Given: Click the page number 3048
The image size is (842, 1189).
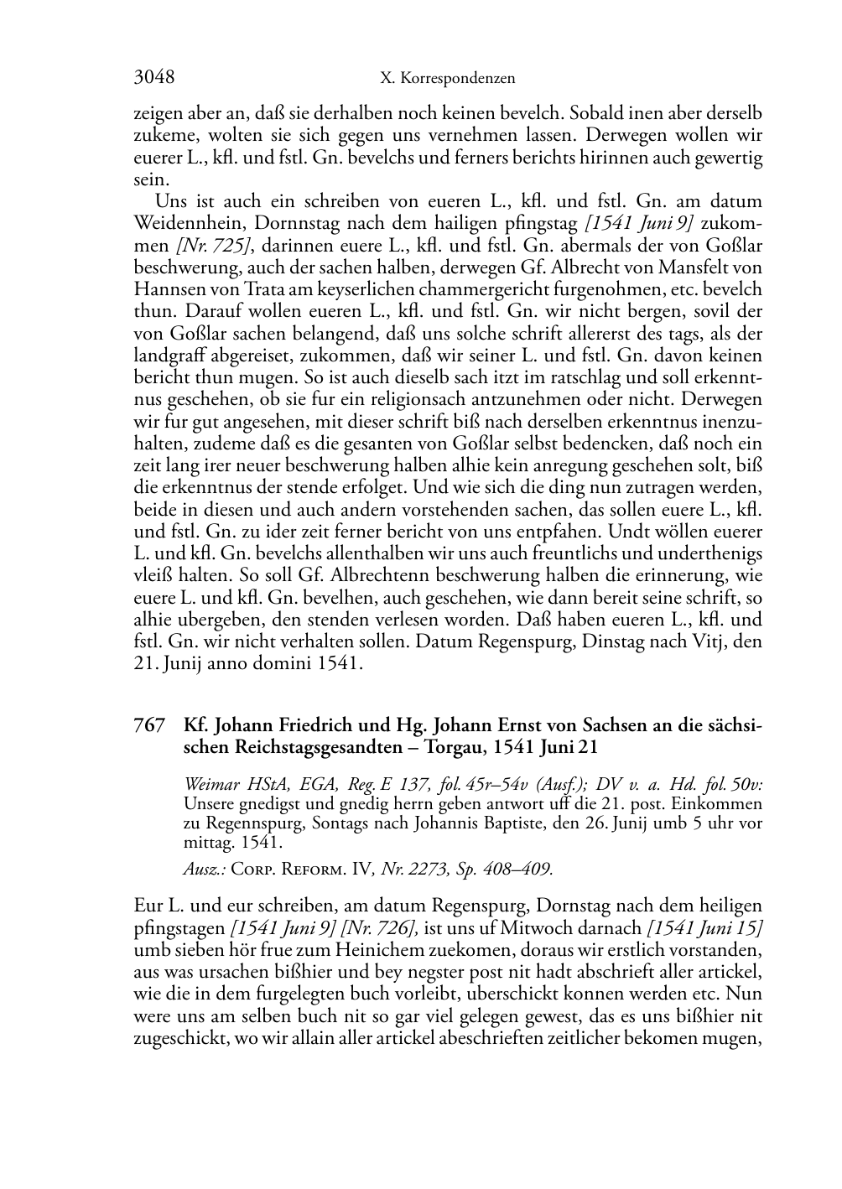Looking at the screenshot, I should click(153, 78).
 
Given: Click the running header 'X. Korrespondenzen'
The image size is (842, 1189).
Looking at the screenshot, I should click(447, 79).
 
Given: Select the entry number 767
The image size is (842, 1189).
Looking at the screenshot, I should click(148, 725).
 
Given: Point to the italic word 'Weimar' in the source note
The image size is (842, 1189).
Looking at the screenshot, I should click(206, 785).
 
